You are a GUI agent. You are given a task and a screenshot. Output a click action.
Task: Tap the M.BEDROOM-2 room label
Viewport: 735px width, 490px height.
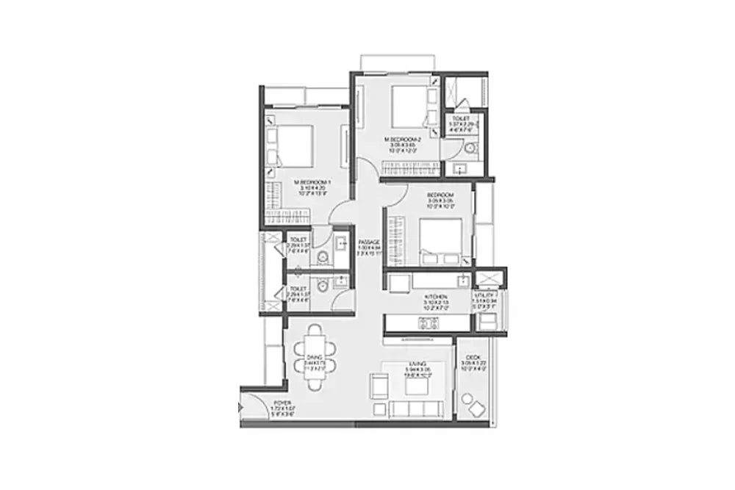pos(402,139)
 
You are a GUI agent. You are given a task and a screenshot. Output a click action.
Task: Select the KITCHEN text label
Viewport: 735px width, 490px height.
pos(436,295)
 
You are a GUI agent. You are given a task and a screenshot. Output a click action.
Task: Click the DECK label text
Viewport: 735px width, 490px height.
pos(473,356)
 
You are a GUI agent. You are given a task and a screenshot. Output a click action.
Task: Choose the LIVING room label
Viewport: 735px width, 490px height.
pos(419,364)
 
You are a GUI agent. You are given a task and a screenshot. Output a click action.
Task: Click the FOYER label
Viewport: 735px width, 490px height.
pos(282,403)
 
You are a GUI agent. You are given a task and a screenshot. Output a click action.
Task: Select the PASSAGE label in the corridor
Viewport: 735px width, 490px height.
pos(368,242)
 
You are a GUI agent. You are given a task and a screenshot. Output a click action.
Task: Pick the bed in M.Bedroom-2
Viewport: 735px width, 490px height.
pos(406,107)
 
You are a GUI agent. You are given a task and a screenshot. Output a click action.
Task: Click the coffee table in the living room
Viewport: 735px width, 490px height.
pos(417,385)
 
